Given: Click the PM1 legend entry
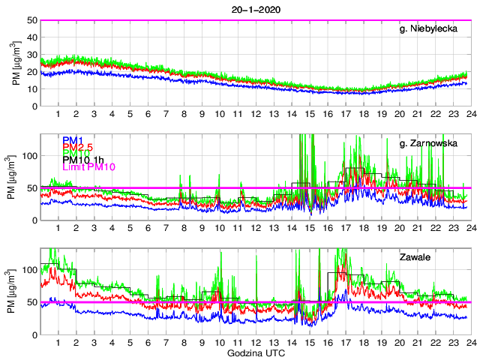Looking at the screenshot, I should coord(73,140).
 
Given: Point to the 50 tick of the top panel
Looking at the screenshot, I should coord(33,20).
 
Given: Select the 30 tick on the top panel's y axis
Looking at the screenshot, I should coord(33,55).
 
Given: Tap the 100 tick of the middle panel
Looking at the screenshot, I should coord(31,156).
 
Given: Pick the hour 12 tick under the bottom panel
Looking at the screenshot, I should coord(255,343).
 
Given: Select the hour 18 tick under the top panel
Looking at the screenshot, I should coord(363,114).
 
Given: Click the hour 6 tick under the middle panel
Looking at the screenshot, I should coord(148,228).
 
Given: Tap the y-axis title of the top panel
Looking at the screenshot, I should coord(16,63).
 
